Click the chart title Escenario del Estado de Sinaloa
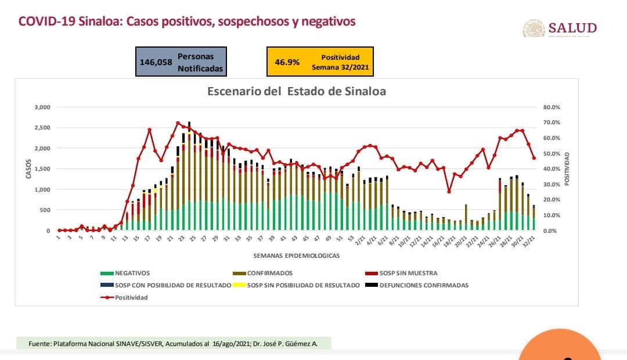[x=297, y=92]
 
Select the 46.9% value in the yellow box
[x=287, y=62]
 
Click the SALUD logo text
[x=572, y=28]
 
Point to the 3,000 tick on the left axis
[x=43, y=107]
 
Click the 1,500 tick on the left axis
[x=43, y=169]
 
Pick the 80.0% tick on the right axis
[x=551, y=107]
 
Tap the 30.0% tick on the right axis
[x=551, y=185]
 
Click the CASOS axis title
[x=28, y=168]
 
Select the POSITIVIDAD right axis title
[x=567, y=169]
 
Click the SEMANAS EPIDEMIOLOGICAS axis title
[x=296, y=255]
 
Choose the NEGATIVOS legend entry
[x=132, y=273]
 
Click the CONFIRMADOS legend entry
[x=269, y=273]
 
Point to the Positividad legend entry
[x=131, y=297]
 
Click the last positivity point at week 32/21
[x=534, y=158]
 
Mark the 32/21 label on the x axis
[x=530, y=239]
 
